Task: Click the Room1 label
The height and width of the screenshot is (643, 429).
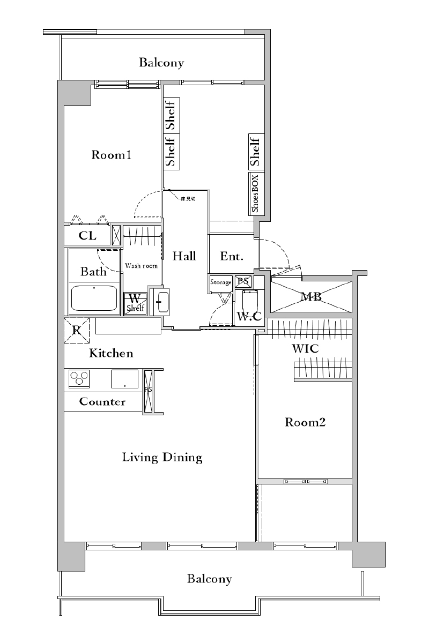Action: [x=112, y=155]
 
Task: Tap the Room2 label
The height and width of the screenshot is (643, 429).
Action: [x=305, y=423]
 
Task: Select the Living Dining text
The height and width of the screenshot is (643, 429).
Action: [x=162, y=458]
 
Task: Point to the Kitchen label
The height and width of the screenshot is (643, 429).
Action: [x=111, y=354]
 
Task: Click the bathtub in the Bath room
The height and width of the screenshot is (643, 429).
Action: [x=94, y=298]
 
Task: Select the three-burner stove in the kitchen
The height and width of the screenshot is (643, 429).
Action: [x=79, y=378]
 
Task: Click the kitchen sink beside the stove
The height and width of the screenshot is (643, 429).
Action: [x=125, y=378]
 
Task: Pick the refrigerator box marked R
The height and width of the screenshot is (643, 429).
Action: [x=77, y=330]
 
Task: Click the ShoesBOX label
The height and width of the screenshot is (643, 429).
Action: [x=256, y=193]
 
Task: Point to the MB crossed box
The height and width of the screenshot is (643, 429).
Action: [x=311, y=296]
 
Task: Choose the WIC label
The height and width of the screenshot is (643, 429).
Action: [x=305, y=349]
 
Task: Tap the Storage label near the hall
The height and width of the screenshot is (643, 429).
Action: [x=221, y=282]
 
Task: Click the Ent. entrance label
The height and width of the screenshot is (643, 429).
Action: [x=232, y=257]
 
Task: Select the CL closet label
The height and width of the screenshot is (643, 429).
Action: [x=87, y=236]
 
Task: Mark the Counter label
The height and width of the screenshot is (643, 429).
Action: [x=102, y=401]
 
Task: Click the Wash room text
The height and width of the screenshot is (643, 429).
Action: [x=142, y=266]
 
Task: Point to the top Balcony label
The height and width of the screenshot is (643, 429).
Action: [x=161, y=63]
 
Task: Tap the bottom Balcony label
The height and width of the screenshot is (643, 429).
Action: [x=210, y=579]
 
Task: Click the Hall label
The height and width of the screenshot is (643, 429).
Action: [x=184, y=256]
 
